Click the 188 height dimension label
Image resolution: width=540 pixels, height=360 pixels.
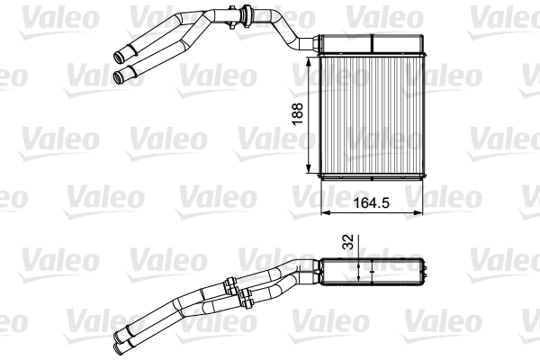(297, 112)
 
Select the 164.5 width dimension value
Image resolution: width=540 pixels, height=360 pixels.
(371, 203)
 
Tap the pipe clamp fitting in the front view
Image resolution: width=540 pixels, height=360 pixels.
(244, 13)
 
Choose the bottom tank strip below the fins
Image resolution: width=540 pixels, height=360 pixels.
(371, 173)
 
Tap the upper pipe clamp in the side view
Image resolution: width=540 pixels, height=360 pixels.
(232, 287)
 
